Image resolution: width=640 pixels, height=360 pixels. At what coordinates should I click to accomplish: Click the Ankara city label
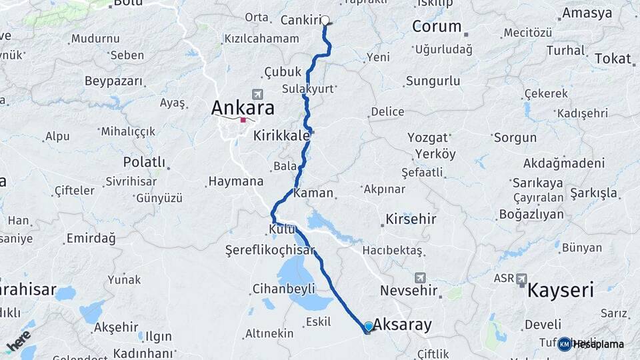coord(243,107)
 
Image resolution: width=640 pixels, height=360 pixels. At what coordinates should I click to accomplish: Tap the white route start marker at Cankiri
coord(325,20)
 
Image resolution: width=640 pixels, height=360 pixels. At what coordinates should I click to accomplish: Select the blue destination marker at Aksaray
coord(368,327)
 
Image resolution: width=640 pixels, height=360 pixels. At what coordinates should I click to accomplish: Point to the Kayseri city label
coord(561,291)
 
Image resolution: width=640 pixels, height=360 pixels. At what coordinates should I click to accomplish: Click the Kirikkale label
coord(281,135)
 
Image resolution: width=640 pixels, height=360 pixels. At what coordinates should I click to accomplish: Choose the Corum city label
coord(437,27)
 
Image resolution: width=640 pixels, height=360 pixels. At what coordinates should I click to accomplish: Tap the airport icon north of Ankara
coord(258,95)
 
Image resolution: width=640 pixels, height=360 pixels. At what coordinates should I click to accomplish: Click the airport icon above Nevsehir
coord(419,277)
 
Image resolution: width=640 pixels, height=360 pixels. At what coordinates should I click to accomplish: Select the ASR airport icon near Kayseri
coord(521,279)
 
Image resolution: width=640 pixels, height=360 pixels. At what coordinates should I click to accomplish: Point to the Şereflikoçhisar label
coord(270,249)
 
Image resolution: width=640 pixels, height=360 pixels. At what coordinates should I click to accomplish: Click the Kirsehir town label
coord(411,219)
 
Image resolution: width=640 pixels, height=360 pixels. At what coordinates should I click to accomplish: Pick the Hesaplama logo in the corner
coord(591,344)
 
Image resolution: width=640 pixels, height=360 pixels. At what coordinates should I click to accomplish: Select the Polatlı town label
coord(144,162)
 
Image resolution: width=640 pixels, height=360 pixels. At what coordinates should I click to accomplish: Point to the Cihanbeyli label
coord(283,289)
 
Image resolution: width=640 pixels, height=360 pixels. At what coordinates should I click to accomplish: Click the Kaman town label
coord(313,193)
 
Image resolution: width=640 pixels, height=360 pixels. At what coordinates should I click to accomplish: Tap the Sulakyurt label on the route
coord(307,89)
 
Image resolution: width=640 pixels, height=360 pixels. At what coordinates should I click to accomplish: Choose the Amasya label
coord(587,13)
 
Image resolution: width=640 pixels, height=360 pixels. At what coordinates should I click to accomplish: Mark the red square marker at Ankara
coord(243,121)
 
